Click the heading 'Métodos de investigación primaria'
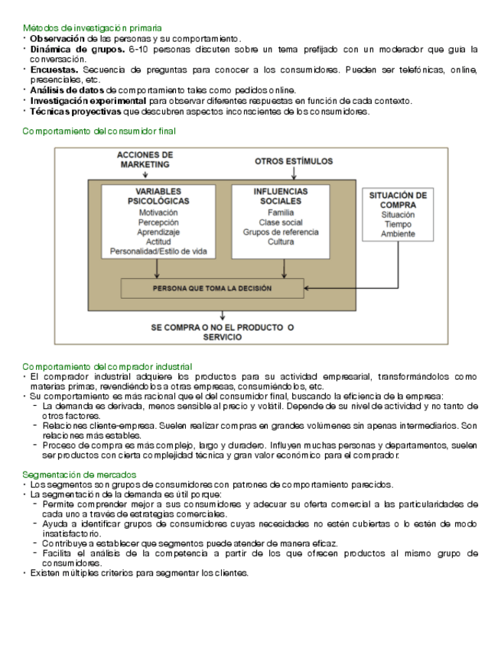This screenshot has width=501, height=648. (97, 28)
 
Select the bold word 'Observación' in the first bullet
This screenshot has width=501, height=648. (57, 38)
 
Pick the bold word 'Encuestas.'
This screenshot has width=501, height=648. (54, 70)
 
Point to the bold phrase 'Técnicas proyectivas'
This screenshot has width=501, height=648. (75, 112)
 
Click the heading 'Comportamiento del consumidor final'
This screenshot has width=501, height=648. (99, 131)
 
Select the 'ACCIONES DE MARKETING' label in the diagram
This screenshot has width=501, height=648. (145, 159)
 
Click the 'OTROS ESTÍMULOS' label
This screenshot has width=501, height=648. (294, 161)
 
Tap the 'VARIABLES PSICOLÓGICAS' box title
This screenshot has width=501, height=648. (158, 196)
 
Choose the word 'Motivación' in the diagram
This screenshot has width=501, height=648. (158, 212)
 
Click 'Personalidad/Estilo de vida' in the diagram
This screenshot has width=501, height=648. (158, 251)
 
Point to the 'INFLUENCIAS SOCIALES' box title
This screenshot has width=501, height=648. (281, 196)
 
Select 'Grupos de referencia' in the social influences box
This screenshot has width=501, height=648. (281, 232)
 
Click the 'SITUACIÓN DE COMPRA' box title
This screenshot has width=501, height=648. (398, 200)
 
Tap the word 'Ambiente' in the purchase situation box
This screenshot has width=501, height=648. (398, 235)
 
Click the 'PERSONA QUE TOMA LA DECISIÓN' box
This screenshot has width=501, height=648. (212, 288)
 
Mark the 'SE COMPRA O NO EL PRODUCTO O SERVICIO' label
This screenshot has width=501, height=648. (223, 332)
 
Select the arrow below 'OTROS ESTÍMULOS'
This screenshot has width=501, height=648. (294, 173)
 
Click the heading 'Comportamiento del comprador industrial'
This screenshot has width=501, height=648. (107, 367)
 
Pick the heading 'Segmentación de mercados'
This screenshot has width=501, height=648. (80, 475)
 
